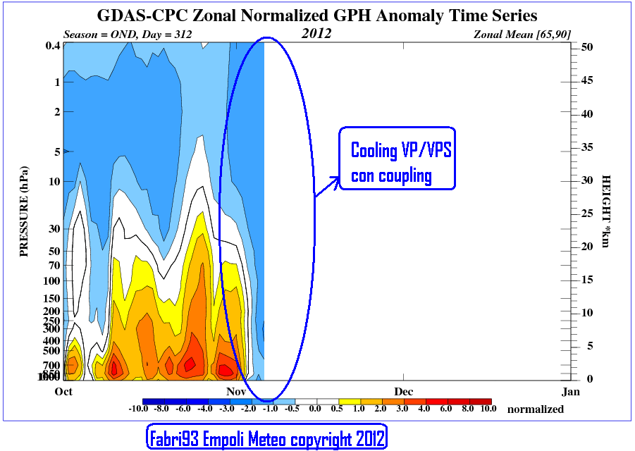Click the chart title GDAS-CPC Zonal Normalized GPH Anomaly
[316, 15]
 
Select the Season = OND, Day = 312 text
[128, 34]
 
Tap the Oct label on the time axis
[63, 391]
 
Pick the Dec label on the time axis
[403, 391]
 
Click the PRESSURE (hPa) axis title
[24, 211]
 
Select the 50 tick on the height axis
[586, 47]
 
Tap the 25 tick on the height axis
[586, 213]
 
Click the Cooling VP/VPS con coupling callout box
[397, 159]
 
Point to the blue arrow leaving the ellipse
[326, 186]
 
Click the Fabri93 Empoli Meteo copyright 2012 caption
[266, 438]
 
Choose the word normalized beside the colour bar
[536, 409]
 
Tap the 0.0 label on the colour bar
[315, 409]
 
